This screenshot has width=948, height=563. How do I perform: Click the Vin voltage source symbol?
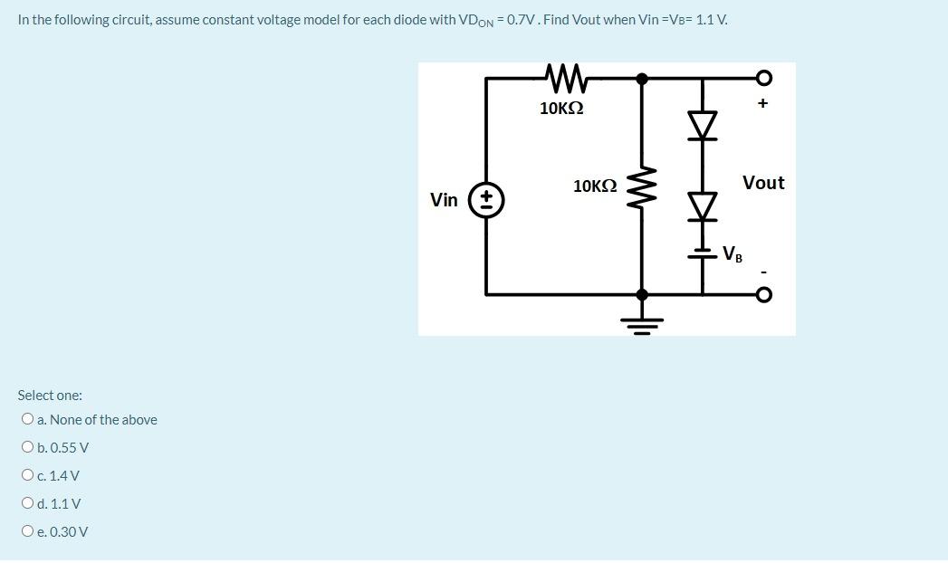486,200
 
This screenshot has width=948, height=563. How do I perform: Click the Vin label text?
444,200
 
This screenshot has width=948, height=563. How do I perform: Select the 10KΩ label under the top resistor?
561,109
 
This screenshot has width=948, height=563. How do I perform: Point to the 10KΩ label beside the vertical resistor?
595,186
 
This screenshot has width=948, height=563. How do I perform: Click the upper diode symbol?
703,124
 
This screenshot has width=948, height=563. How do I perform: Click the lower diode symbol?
703,207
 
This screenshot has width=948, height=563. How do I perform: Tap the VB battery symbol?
703,253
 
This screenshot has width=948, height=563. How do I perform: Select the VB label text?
733,254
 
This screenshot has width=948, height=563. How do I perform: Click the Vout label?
763,183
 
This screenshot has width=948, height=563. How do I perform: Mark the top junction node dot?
642,79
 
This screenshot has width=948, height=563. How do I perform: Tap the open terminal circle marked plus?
763,76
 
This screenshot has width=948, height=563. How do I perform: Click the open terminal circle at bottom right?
763,294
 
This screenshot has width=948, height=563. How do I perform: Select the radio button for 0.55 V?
29,448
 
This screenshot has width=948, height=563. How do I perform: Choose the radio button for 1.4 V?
29,476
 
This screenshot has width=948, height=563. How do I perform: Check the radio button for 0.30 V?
29,532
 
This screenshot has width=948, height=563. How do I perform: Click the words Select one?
50,396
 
